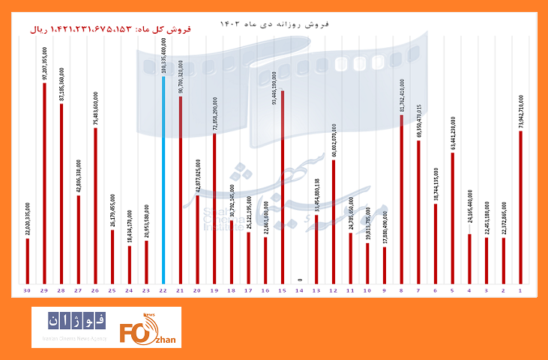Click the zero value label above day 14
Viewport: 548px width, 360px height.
(x=299, y=279)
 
